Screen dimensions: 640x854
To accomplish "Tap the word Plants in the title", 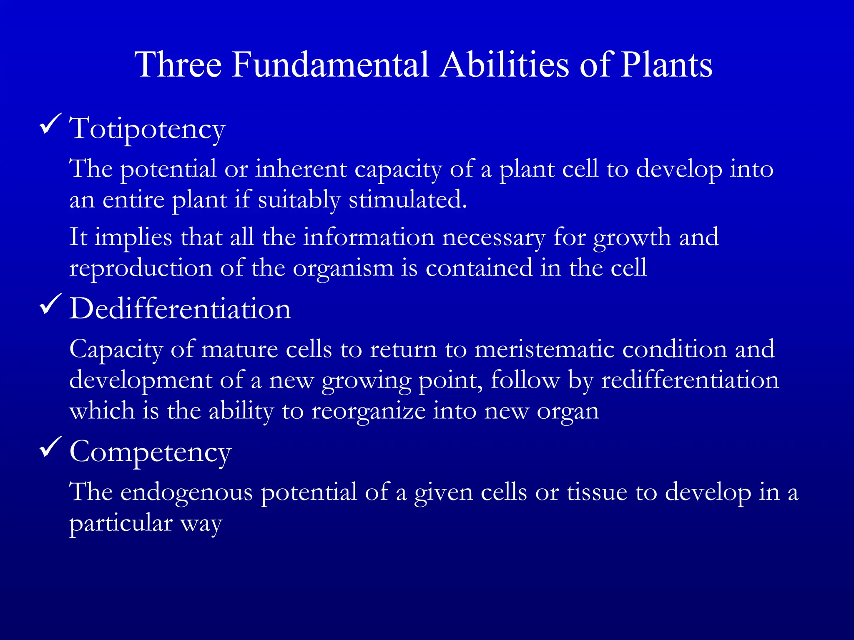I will (x=666, y=65).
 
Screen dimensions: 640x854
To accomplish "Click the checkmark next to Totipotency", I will (x=50, y=124).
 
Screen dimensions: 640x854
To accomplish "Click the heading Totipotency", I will (x=147, y=129).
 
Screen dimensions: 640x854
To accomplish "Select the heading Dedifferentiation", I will (x=180, y=309).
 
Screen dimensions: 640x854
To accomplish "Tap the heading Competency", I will (x=150, y=452).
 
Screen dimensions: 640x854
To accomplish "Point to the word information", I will (x=369, y=237).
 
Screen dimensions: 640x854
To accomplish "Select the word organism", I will (x=343, y=269).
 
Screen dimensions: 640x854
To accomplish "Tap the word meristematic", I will (x=544, y=349).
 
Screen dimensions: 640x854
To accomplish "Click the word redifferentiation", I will (x=690, y=380).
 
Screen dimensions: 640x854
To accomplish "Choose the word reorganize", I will (x=368, y=412).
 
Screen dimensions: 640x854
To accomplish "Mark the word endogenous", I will (x=186, y=492).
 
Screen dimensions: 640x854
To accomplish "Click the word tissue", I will (x=597, y=492).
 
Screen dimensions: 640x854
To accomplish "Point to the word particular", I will (x=121, y=523).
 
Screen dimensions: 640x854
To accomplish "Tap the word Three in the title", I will (x=178, y=65).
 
